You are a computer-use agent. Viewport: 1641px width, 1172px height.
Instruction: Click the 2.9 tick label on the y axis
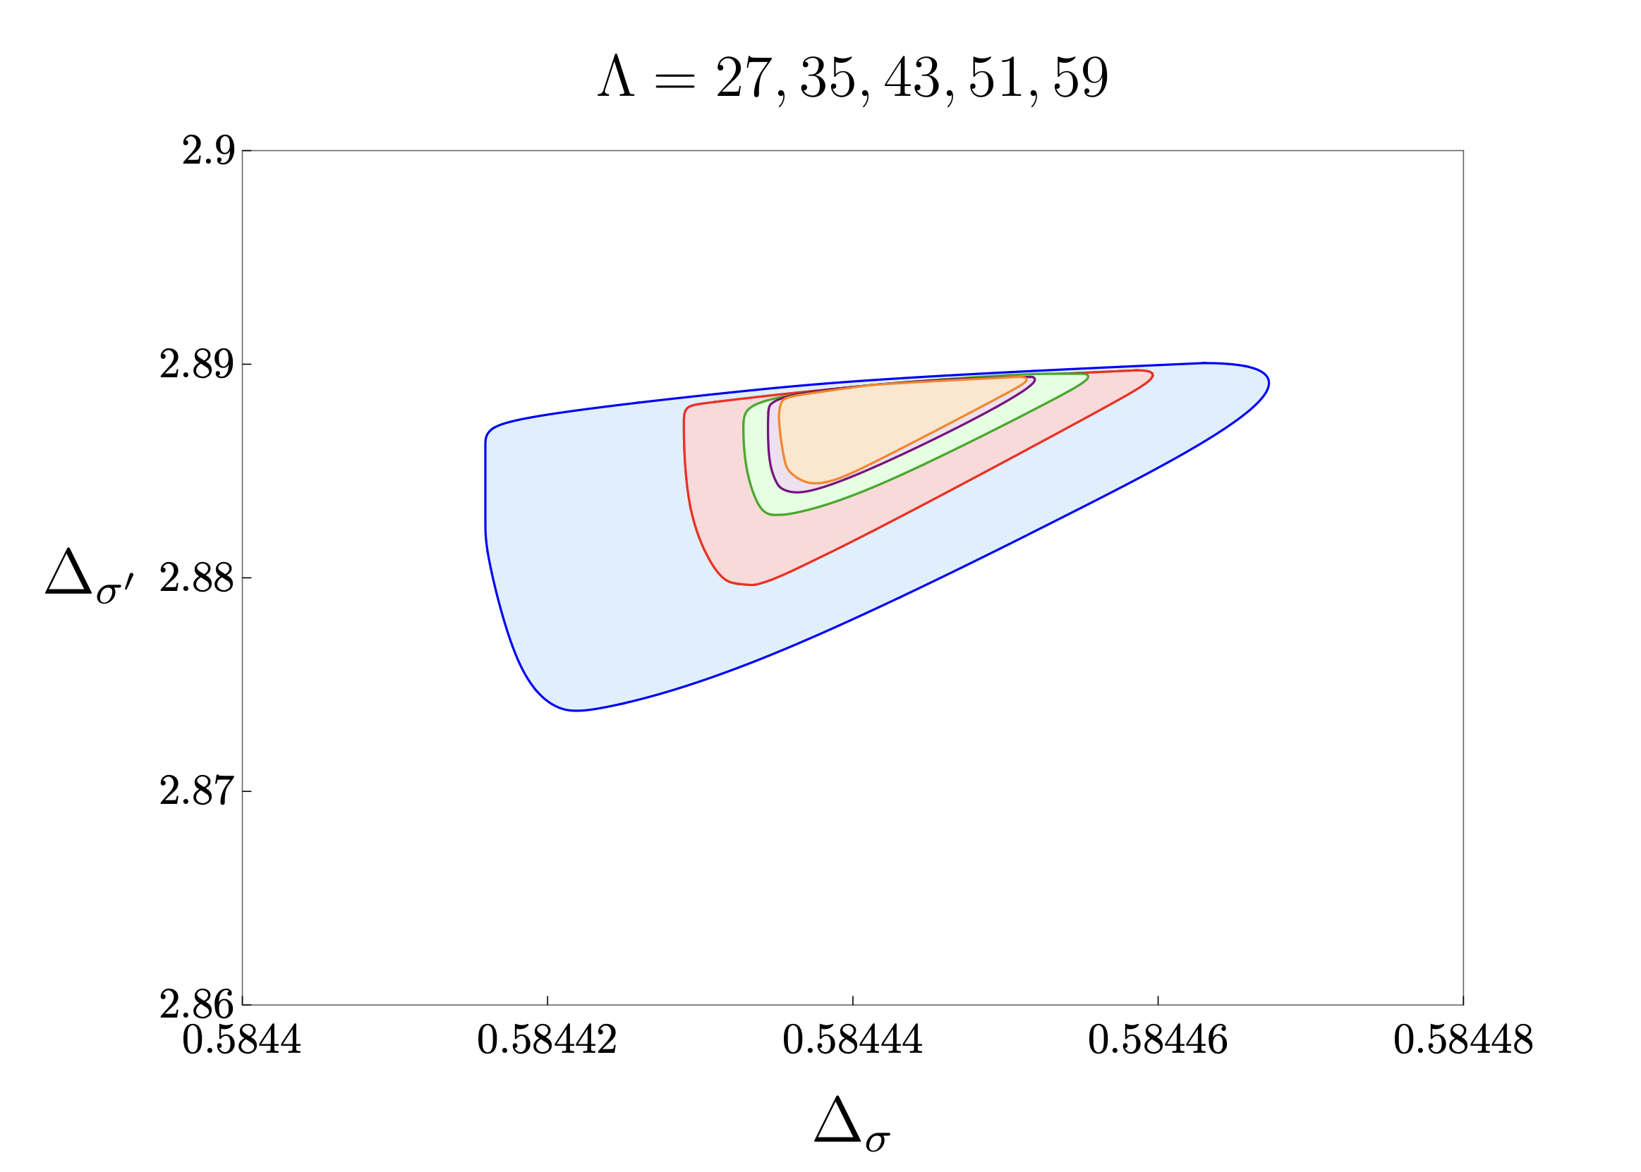tap(208, 152)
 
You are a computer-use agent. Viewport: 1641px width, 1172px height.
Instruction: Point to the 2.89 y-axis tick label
tap(196, 365)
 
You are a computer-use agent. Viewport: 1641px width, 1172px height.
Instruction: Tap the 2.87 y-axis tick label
tap(196, 792)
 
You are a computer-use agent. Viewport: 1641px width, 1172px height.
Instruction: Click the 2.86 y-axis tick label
tap(196, 1005)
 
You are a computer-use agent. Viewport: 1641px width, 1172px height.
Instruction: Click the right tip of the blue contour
tap(1268, 384)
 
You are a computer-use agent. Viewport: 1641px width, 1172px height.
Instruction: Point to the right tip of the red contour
tap(1153, 375)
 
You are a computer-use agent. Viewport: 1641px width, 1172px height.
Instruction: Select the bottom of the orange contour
tap(814, 483)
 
